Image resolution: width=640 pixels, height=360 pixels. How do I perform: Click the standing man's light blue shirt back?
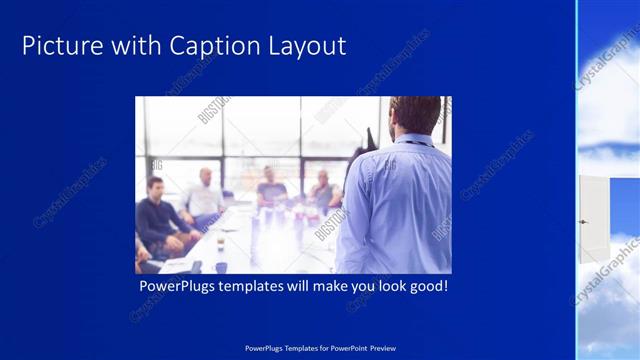pos(395,210)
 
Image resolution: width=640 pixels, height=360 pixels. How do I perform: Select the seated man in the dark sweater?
pos(156,216)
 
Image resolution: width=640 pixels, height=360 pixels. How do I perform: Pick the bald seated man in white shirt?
pos(204,195)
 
